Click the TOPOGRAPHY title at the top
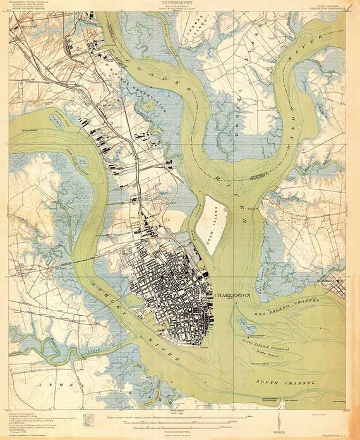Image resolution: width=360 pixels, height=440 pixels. click(x=179, y=3)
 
